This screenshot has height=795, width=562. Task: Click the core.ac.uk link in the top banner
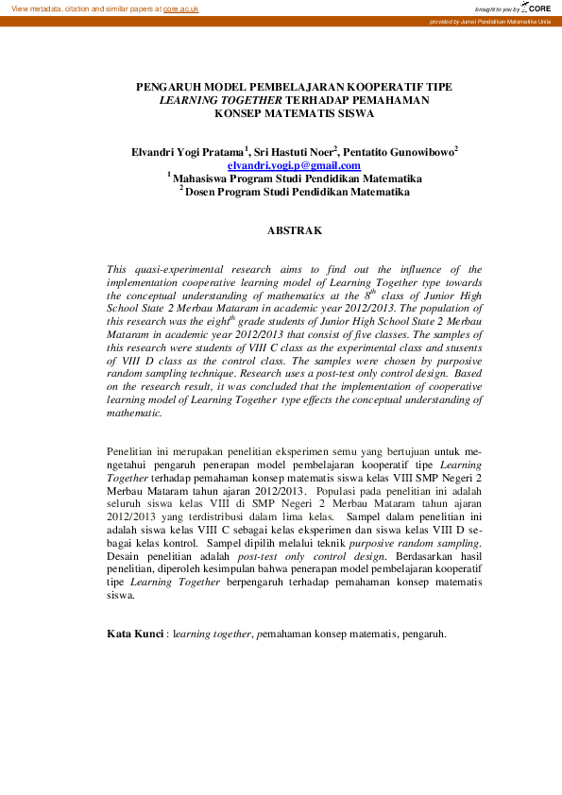pos(180,8)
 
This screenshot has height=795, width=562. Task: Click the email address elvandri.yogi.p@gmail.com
pos(294,165)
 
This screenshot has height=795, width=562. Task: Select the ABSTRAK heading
pos(294,230)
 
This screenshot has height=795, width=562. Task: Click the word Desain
pos(126,556)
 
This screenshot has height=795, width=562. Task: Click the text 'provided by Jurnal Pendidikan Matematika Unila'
pos(489,21)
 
